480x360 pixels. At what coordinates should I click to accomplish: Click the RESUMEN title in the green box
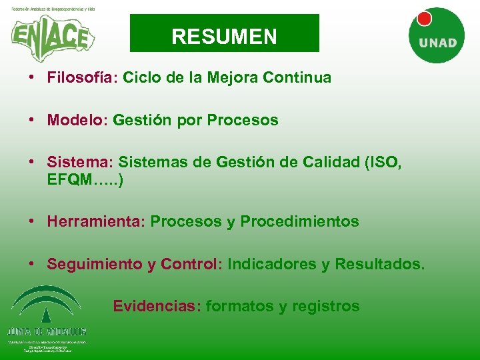coord(224,35)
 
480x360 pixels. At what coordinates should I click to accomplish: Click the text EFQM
coord(71,180)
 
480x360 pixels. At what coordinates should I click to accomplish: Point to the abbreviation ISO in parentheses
coord(385,163)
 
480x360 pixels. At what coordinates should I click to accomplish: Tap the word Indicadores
coord(271,264)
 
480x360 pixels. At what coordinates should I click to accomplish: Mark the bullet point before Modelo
coord(31,121)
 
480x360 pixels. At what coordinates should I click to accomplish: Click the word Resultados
coord(379,264)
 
